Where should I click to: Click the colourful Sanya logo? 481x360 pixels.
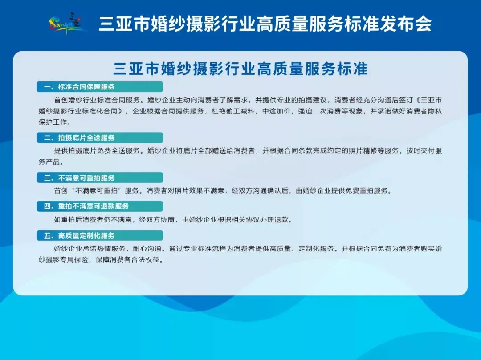click(x=68, y=23)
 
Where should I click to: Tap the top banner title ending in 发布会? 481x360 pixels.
click(x=265, y=24)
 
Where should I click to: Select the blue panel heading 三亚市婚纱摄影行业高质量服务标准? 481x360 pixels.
click(x=240, y=69)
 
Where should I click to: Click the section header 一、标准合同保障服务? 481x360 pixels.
click(x=79, y=87)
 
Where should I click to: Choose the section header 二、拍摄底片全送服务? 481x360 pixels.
click(x=79, y=138)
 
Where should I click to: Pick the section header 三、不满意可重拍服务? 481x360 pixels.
click(x=79, y=178)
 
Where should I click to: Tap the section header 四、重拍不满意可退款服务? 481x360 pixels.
click(x=86, y=206)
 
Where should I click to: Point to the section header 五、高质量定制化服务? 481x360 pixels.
click(x=79, y=235)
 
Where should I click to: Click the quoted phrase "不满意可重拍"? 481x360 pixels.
click(x=97, y=190)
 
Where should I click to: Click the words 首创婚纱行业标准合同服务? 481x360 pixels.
click(x=97, y=100)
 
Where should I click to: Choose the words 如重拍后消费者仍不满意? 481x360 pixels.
click(x=93, y=219)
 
